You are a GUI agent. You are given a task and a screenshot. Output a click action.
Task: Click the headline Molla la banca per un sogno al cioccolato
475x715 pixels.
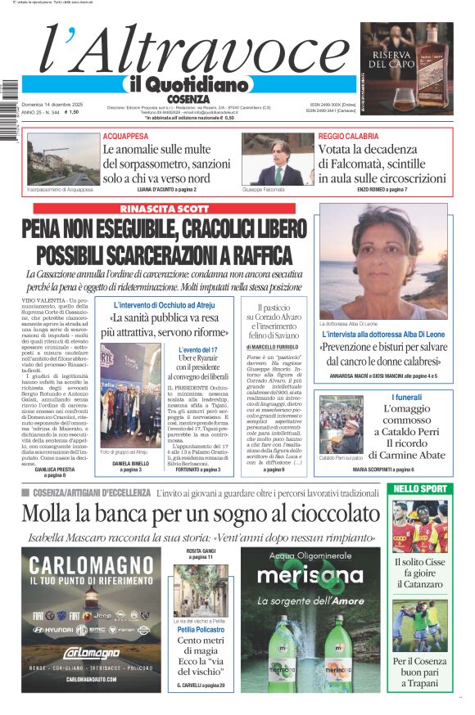pos(201,514)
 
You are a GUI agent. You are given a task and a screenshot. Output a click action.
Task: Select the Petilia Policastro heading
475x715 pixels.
pos(200,630)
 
